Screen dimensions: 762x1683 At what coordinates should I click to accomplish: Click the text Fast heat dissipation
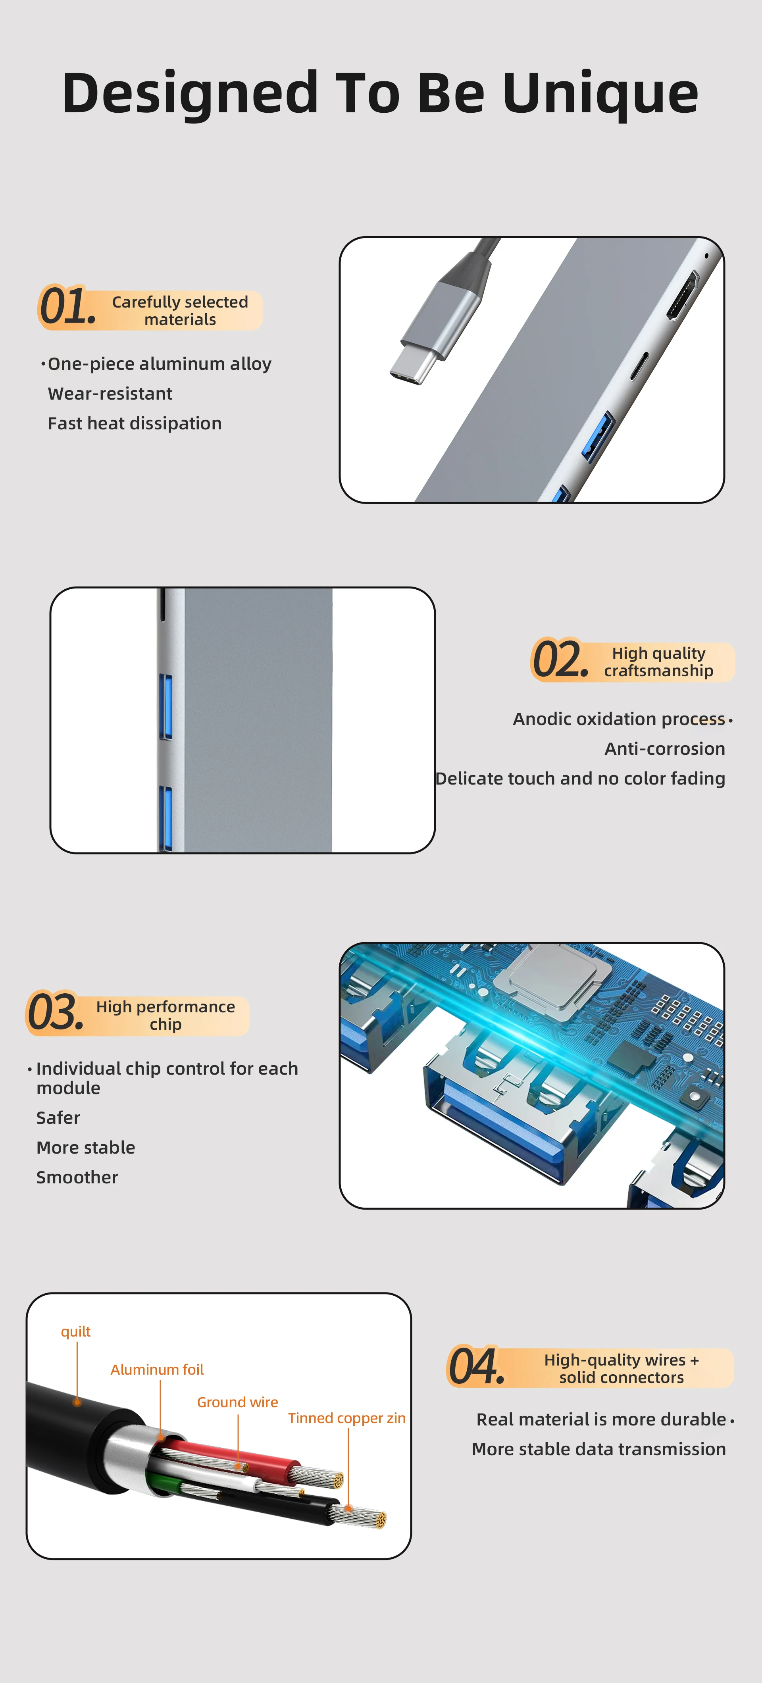click(135, 423)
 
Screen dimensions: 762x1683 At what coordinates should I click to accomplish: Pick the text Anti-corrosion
click(665, 749)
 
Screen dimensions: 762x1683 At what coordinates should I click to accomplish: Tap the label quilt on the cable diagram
click(76, 1331)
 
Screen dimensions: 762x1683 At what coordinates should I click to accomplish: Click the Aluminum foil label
click(157, 1369)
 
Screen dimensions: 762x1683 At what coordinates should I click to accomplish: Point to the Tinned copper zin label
click(347, 1418)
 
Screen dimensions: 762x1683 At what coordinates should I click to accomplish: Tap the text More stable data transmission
click(598, 1449)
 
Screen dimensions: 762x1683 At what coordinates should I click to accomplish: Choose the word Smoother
click(77, 1177)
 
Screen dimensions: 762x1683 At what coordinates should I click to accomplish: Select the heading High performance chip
click(165, 1015)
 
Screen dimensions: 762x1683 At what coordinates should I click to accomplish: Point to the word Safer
click(58, 1118)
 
